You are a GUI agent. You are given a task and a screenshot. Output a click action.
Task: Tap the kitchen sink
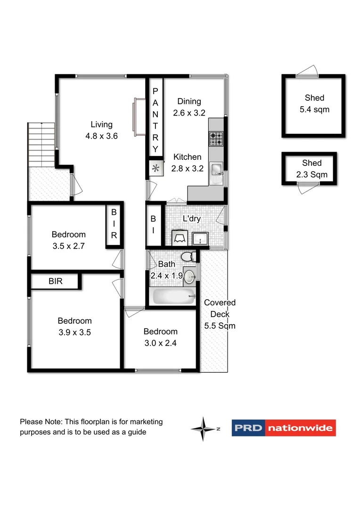217,169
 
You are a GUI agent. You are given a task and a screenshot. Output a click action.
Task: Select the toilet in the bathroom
189,257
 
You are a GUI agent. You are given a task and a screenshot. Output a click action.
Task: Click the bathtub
172,297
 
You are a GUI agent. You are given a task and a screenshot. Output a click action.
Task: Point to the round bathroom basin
189,276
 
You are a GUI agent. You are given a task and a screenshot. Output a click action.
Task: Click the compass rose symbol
204,428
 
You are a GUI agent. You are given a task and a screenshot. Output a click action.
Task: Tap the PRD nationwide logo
284,428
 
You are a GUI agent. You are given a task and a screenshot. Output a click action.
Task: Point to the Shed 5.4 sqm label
314,104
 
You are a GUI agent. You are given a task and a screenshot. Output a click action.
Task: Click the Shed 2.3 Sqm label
311,169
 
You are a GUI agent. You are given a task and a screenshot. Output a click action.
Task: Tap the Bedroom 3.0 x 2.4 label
160,337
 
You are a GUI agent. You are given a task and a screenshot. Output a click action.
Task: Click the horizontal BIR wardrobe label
56,281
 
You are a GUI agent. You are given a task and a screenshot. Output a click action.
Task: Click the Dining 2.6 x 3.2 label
189,107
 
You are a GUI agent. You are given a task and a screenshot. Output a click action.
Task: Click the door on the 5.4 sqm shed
307,71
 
